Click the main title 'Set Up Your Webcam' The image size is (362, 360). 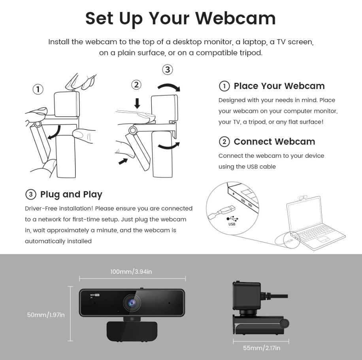coord(181,19)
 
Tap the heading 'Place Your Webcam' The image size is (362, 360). coord(279,86)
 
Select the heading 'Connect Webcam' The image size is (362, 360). coord(274,142)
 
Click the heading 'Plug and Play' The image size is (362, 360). coord(71,195)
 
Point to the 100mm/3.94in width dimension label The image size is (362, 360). coord(131,271)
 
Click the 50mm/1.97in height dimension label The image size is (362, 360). coord(46,315)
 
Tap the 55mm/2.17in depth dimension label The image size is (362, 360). coord(262,348)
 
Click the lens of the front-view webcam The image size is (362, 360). coord(132,303)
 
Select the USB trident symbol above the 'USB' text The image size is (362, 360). coord(232,219)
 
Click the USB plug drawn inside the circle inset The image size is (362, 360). coord(222,211)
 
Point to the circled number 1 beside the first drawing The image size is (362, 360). coord(38,89)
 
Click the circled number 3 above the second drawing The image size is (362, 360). coord(168,70)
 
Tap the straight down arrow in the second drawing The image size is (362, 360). coord(137,103)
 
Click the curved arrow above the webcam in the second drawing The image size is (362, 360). coord(169,86)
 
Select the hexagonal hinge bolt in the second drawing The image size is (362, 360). coord(132,130)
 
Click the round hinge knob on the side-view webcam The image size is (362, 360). coord(285,323)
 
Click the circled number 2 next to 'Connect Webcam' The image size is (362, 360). coord(224,142)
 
